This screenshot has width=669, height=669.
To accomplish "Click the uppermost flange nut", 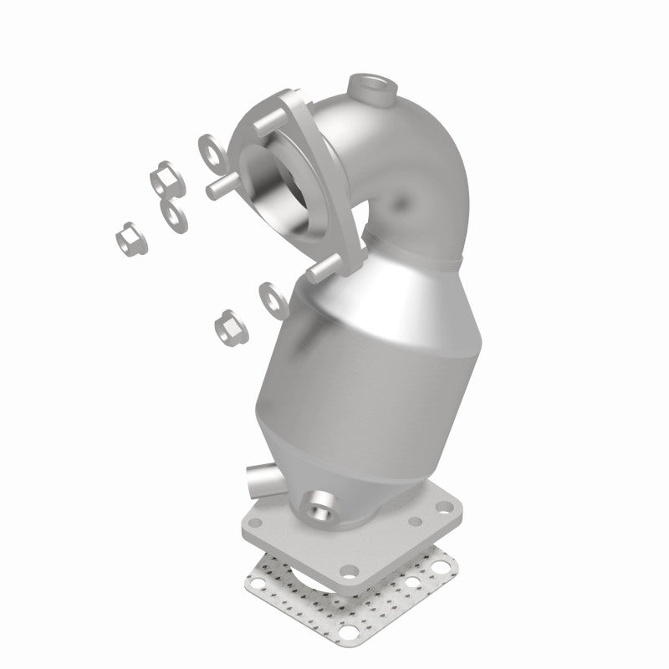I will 162,180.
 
